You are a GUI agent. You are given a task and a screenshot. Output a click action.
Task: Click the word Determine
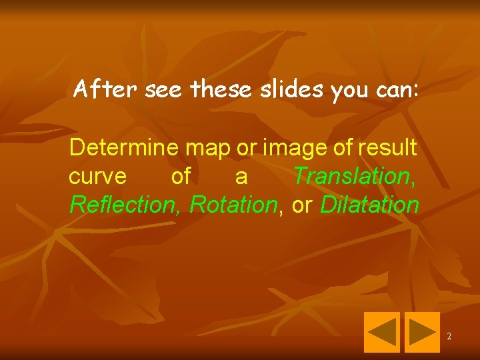[x=124, y=147]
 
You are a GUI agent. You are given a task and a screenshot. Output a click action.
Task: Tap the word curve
[x=97, y=177]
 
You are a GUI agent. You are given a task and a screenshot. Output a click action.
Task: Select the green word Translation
[x=353, y=176]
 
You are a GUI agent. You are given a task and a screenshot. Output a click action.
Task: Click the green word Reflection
[x=126, y=205]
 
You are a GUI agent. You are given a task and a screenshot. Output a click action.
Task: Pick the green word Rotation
[x=233, y=205]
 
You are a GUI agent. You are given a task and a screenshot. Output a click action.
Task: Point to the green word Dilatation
[x=369, y=205]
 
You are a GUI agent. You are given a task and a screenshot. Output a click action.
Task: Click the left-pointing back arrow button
[x=381, y=331]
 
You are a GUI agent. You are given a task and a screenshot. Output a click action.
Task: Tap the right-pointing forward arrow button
[x=421, y=331]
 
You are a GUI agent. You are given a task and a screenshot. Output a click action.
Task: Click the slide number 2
[x=449, y=337]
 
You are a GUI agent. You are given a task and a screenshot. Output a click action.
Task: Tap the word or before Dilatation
[x=302, y=205]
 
